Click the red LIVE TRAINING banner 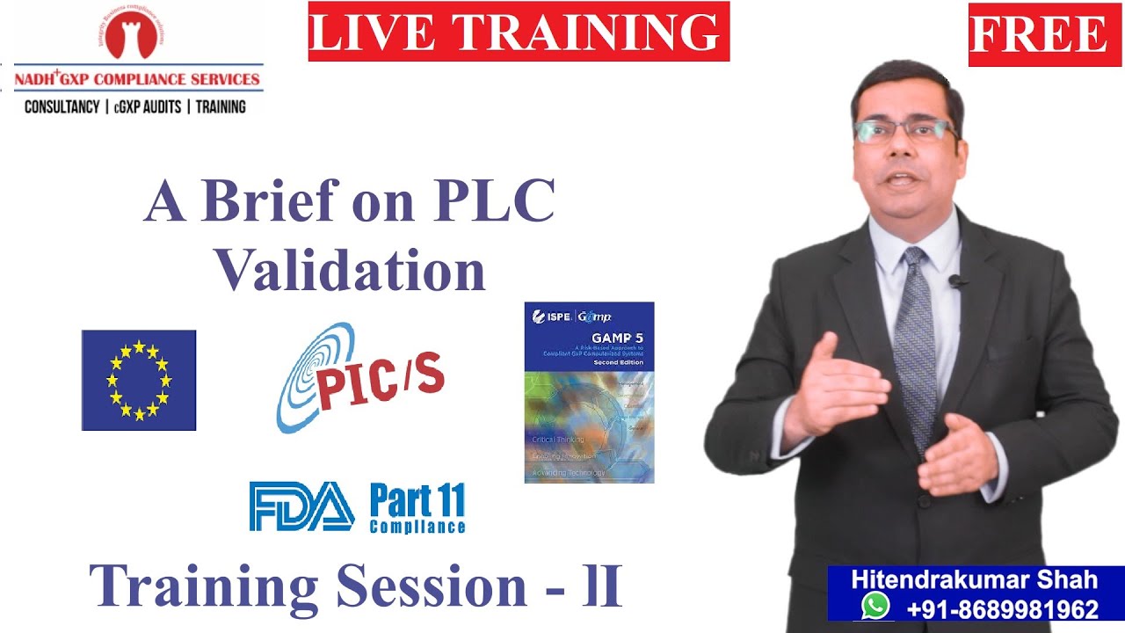click(x=519, y=32)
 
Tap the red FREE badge click(x=1038, y=34)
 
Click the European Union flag click(x=139, y=380)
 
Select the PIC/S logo click(x=360, y=378)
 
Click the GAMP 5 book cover click(x=589, y=392)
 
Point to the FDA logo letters click(x=301, y=507)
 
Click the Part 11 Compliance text click(x=417, y=508)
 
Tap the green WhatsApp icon click(x=875, y=607)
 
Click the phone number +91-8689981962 click(x=1002, y=608)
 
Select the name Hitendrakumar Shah click(x=974, y=580)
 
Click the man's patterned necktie click(x=918, y=343)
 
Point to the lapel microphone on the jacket click(x=957, y=281)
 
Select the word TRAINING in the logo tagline click(x=221, y=106)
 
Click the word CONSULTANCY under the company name click(x=62, y=106)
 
